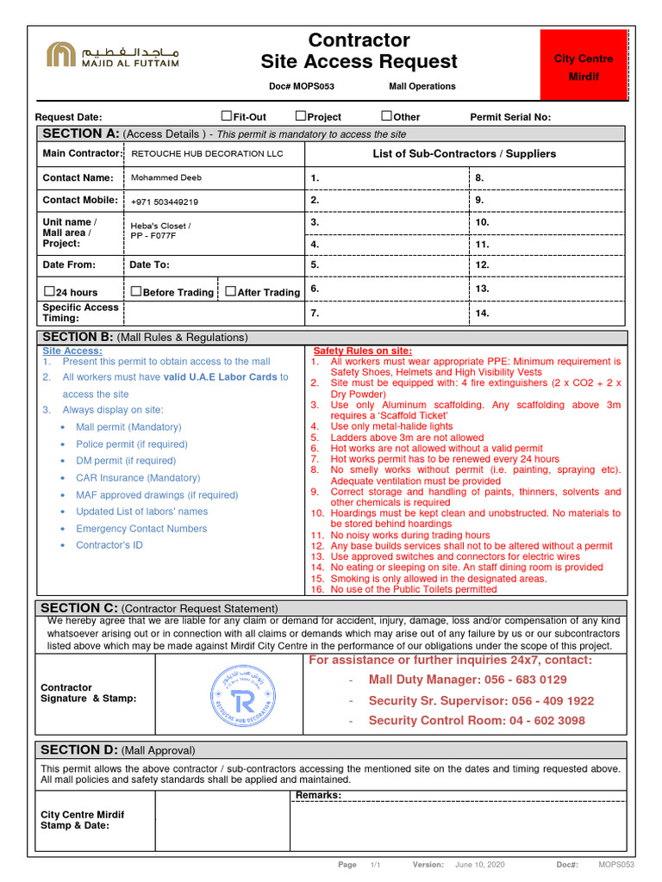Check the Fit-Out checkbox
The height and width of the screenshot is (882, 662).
pyautogui.click(x=227, y=115)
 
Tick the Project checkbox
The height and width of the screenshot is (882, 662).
pyautogui.click(x=301, y=115)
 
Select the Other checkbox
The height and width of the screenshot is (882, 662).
pyautogui.click(x=386, y=115)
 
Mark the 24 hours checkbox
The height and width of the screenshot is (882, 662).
pyautogui.click(x=49, y=291)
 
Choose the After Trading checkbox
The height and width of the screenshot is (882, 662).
pyautogui.click(x=230, y=291)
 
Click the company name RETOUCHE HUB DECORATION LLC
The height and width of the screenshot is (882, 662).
pyautogui.click(x=206, y=154)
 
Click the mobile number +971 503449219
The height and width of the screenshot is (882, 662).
pyautogui.click(x=164, y=202)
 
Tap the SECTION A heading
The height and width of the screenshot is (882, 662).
pyautogui.click(x=80, y=134)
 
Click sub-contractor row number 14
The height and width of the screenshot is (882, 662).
pyautogui.click(x=483, y=314)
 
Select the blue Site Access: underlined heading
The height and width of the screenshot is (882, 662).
pyautogui.click(x=72, y=351)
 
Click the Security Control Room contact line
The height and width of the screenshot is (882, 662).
pyautogui.click(x=476, y=721)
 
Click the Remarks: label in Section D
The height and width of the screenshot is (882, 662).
pyautogui.click(x=318, y=794)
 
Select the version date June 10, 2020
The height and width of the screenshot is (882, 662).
pyautogui.click(x=479, y=865)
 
